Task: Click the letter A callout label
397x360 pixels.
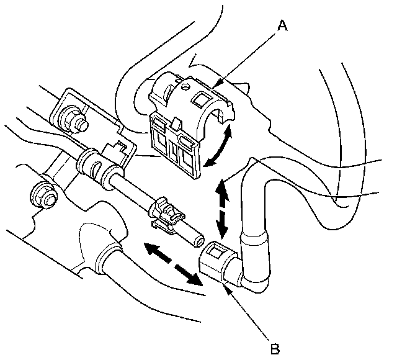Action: (x=283, y=25)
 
